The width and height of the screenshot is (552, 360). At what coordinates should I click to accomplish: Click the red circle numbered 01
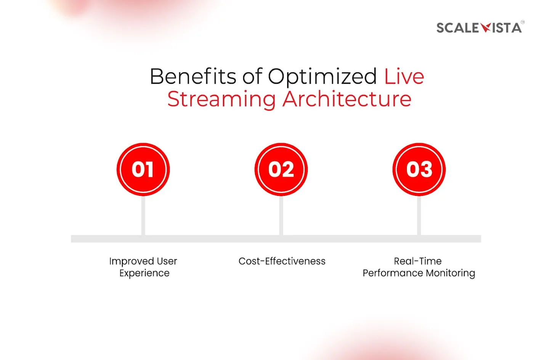[143, 170]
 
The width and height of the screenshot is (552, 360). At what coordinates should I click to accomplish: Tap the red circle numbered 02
[281, 170]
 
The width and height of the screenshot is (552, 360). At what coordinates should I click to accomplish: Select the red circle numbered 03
[419, 170]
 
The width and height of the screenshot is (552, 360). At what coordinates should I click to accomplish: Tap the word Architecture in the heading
[347, 99]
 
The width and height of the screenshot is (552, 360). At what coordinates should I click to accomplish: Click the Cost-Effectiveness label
[282, 261]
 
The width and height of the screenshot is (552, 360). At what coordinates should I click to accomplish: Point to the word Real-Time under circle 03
[418, 261]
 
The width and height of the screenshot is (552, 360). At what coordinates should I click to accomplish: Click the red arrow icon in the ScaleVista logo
[485, 27]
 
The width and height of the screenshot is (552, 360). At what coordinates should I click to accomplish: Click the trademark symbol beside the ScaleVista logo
[522, 22]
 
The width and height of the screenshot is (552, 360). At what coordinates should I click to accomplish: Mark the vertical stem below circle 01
[143, 216]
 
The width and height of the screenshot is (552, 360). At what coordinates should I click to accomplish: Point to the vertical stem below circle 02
[281, 216]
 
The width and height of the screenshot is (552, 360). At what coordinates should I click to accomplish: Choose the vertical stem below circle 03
[419, 216]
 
